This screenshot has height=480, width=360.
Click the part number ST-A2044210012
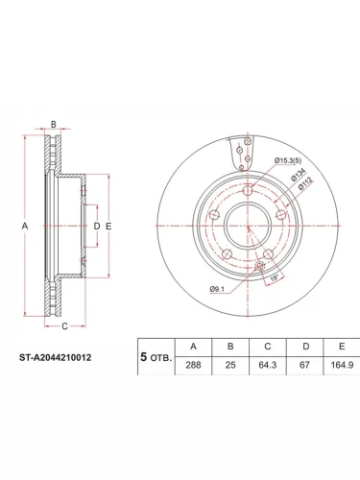coord(56,357)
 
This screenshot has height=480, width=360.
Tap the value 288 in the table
coord(193,365)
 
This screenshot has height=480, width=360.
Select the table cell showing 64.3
coord(268,365)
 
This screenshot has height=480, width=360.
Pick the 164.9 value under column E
coord(342,365)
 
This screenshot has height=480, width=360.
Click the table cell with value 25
coord(230,365)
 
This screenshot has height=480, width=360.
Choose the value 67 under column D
coord(304,365)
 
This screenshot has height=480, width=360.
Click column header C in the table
coord(268,347)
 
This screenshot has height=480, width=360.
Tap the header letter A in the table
coord(193,347)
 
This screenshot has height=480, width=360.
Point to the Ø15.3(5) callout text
coord(288,160)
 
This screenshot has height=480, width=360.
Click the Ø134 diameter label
coord(298,175)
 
